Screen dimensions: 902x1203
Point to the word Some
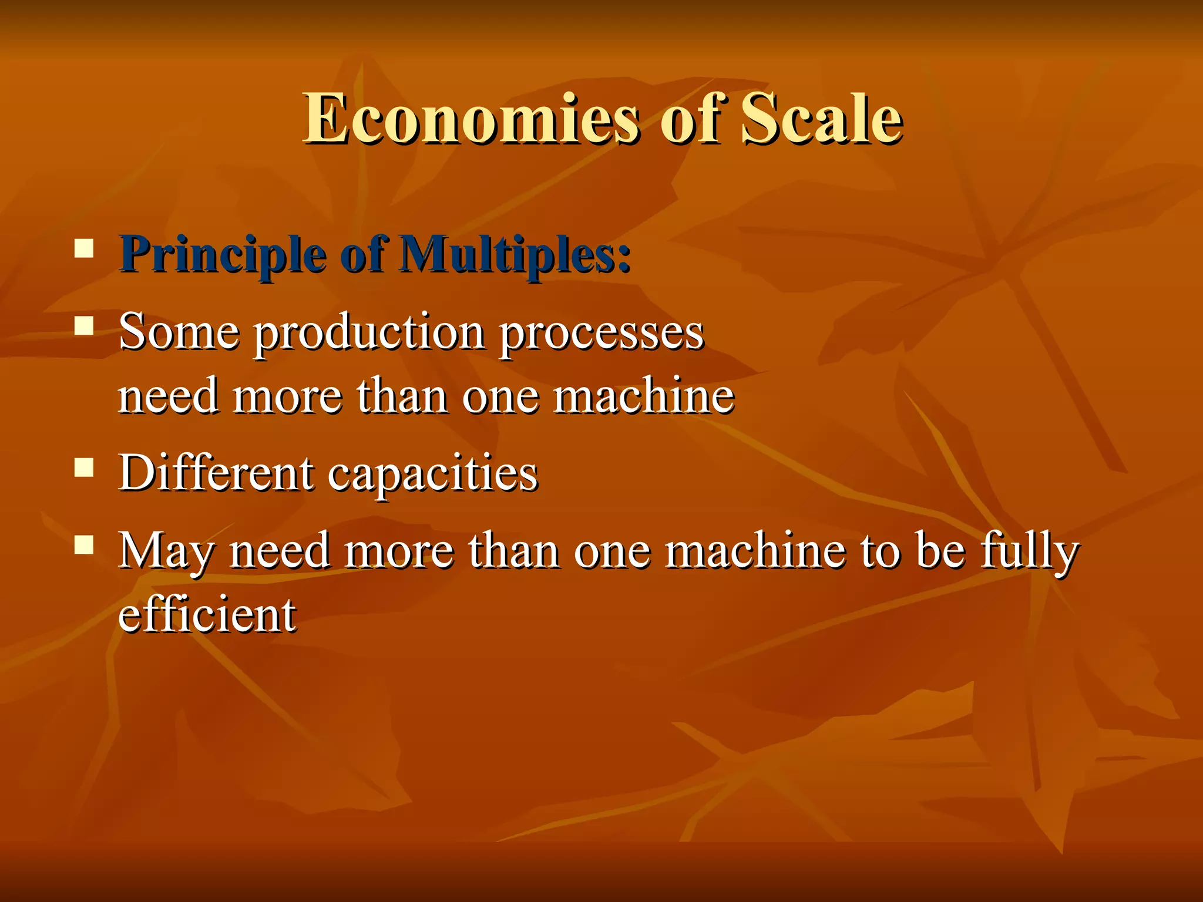(179, 332)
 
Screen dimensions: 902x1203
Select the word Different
(216, 473)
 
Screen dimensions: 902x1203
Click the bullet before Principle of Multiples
(85, 248)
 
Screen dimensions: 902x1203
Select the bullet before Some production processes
(85, 325)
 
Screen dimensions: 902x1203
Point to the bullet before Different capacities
(85, 467)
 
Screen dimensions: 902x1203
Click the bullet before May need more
(85, 546)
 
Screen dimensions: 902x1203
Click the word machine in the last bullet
(755, 551)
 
